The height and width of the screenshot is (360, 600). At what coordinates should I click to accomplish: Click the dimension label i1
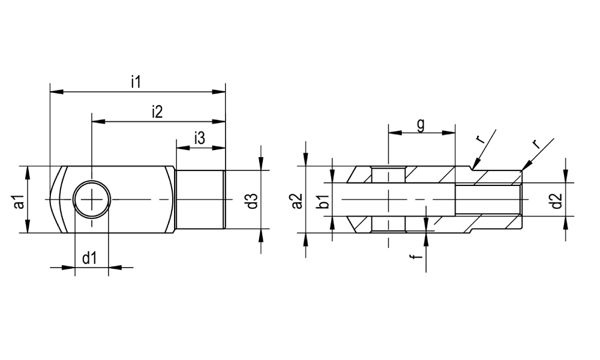tap(136, 82)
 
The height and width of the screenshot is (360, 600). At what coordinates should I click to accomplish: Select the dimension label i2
tap(157, 112)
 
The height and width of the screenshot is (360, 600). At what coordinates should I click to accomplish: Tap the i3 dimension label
tap(200, 138)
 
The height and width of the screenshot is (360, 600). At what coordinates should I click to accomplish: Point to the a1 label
tap(19, 202)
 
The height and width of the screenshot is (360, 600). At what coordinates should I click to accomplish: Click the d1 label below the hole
tap(89, 259)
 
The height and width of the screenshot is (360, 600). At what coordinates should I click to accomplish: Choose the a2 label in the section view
tap(298, 201)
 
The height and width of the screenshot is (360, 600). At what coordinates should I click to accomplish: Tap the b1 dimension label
tap(324, 202)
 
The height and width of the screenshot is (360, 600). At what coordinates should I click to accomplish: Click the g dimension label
tap(421, 125)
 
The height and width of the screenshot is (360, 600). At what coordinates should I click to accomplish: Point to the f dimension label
tap(418, 256)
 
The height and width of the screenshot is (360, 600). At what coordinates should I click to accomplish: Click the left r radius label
tap(481, 139)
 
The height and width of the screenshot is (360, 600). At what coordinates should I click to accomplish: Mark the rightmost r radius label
tap(536, 144)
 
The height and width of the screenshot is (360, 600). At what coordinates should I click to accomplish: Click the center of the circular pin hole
tap(92, 199)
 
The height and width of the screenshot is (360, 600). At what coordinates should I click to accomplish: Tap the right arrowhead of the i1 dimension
tap(219, 92)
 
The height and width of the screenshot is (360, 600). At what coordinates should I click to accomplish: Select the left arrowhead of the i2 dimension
tap(98, 122)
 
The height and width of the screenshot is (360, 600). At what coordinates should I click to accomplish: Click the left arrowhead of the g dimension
tap(395, 133)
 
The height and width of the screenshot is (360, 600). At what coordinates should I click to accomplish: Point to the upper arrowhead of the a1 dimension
tap(27, 173)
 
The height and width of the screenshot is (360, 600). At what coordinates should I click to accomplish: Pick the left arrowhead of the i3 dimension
tap(182, 148)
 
